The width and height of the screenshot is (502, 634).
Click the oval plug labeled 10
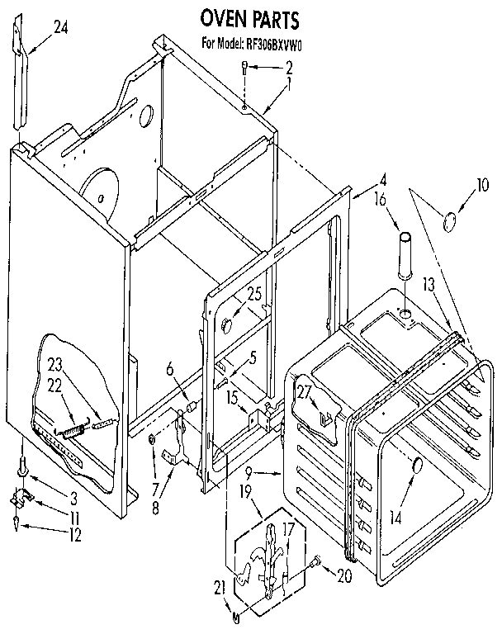[451, 221]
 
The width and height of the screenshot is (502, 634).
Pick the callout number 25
[253, 293]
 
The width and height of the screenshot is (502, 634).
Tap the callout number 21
[219, 587]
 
